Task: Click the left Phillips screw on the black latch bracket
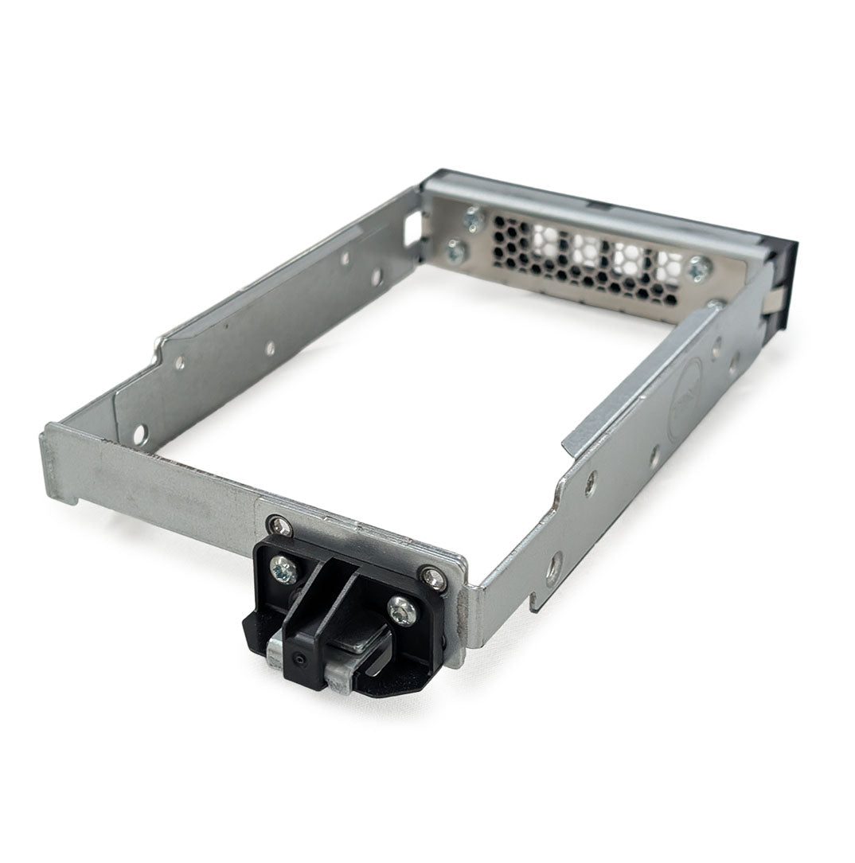[x=283, y=569]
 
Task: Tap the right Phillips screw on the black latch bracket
[x=401, y=611]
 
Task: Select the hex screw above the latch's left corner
[x=279, y=525]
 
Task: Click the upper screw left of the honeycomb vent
[x=474, y=217]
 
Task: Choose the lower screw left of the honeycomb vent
[x=456, y=252]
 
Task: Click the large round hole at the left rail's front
[x=139, y=434]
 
